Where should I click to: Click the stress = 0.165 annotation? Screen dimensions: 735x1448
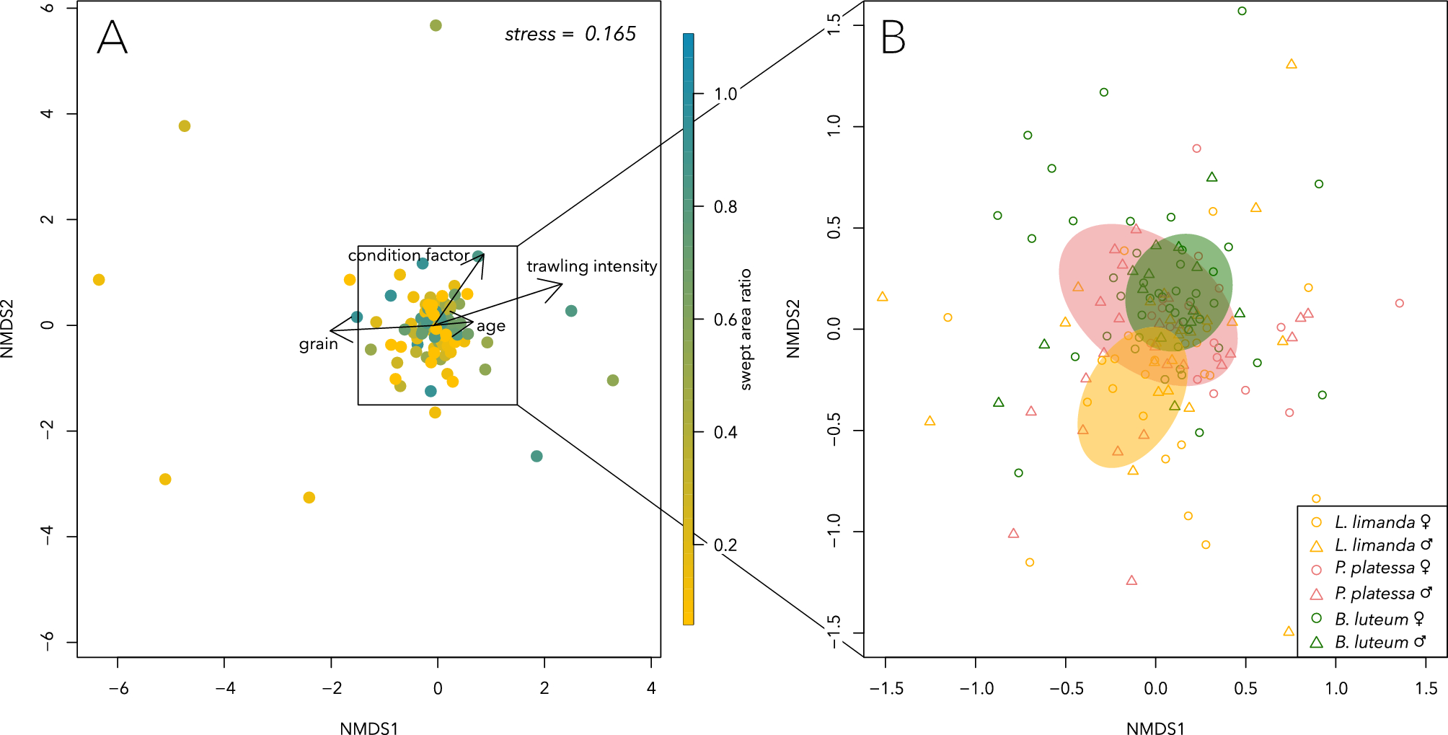tap(570, 34)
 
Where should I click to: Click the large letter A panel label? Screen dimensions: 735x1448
tap(112, 38)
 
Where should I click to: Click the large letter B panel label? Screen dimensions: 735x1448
tap(893, 38)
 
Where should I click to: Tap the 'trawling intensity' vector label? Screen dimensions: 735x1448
tap(591, 266)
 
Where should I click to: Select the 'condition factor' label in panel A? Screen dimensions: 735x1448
tap(408, 255)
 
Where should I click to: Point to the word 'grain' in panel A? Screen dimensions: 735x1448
tap(318, 344)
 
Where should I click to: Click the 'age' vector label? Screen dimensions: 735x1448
tap(490, 326)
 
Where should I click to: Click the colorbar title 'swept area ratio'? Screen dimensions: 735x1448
tap(746, 330)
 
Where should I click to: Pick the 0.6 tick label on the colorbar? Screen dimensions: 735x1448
tap(725, 320)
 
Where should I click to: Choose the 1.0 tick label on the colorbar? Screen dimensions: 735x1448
tap(725, 94)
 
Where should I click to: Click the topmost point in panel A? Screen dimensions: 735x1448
tap(436, 25)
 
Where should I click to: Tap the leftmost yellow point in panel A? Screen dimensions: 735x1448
tap(99, 280)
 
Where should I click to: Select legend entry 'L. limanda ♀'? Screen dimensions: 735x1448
tap(1374, 521)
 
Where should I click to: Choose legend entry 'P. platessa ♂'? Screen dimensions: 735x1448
tap(1374, 594)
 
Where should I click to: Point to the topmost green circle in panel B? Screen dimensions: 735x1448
tap(1242, 11)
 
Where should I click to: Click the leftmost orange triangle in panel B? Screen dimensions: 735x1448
tap(882, 296)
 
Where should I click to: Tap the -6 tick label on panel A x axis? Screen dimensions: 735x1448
tap(118, 688)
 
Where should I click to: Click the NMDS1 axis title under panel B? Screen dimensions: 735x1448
tap(1155, 728)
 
